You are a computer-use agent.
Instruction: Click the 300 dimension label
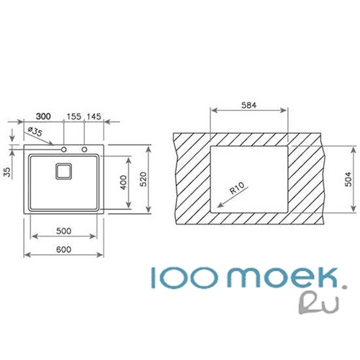pyautogui.click(x=43, y=117)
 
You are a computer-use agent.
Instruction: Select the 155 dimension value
pyautogui.click(x=74, y=117)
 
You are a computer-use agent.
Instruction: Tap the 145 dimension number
pyautogui.click(x=94, y=117)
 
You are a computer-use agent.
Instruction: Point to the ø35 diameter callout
pyautogui.click(x=35, y=132)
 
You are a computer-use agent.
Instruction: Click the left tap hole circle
pyautogui.click(x=64, y=150)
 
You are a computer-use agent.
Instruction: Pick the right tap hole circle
pyautogui.click(x=84, y=150)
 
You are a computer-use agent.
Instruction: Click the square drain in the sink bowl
pyautogui.click(x=64, y=171)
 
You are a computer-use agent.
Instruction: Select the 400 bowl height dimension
pyautogui.click(x=123, y=182)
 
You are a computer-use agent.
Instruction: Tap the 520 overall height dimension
pyautogui.click(x=143, y=179)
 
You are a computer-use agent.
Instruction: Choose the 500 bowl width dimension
pyautogui.click(x=63, y=231)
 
